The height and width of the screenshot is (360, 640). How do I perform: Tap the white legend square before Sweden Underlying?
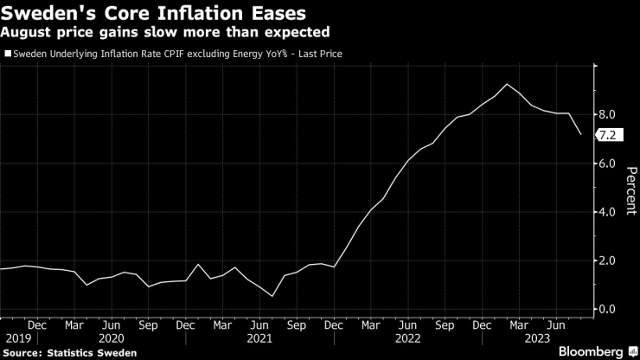[8, 54]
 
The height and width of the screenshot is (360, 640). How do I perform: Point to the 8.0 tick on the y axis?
[608, 114]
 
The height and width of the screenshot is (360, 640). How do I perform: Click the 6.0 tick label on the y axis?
[608, 163]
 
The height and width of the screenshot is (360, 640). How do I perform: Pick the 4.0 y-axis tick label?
[608, 211]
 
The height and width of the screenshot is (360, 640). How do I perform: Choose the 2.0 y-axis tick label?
[608, 260]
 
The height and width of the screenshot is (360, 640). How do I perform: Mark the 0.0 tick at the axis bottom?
[608, 309]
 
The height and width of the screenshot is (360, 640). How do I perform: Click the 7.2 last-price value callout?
[607, 134]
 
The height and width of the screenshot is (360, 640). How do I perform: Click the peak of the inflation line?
[506, 84]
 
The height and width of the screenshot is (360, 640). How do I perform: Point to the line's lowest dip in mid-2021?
[273, 296]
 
